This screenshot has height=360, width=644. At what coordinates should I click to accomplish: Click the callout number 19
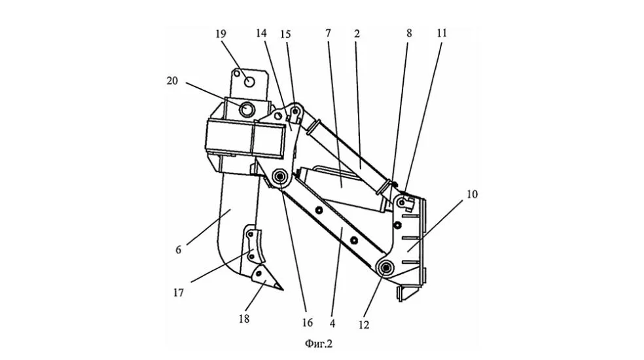(221, 33)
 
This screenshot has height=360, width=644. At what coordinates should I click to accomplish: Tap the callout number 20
(172, 81)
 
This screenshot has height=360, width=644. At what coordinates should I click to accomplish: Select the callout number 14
(261, 33)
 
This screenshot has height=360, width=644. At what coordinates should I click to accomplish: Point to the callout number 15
(285, 34)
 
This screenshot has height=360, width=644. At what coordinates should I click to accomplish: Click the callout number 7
(328, 33)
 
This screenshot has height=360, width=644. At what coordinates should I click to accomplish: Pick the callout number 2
(357, 33)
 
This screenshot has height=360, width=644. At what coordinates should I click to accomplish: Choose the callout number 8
(409, 33)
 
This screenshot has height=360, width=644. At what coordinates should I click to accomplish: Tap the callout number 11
(442, 33)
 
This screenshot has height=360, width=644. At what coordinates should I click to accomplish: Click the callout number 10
(473, 194)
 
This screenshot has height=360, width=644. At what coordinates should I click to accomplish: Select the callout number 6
(178, 249)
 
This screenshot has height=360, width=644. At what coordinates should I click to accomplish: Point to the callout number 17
(178, 293)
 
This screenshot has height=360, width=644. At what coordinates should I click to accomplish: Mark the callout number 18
(244, 319)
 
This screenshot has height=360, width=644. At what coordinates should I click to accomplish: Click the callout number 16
(307, 323)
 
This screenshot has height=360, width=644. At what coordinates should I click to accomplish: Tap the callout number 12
(364, 325)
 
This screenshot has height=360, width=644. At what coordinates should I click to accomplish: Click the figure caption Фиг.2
(319, 344)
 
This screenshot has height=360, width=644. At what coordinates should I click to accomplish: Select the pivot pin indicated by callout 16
(281, 177)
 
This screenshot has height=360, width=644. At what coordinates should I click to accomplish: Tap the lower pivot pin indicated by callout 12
(386, 268)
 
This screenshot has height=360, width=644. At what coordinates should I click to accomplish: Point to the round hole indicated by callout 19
(249, 82)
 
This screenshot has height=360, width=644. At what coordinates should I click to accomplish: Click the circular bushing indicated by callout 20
(247, 109)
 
